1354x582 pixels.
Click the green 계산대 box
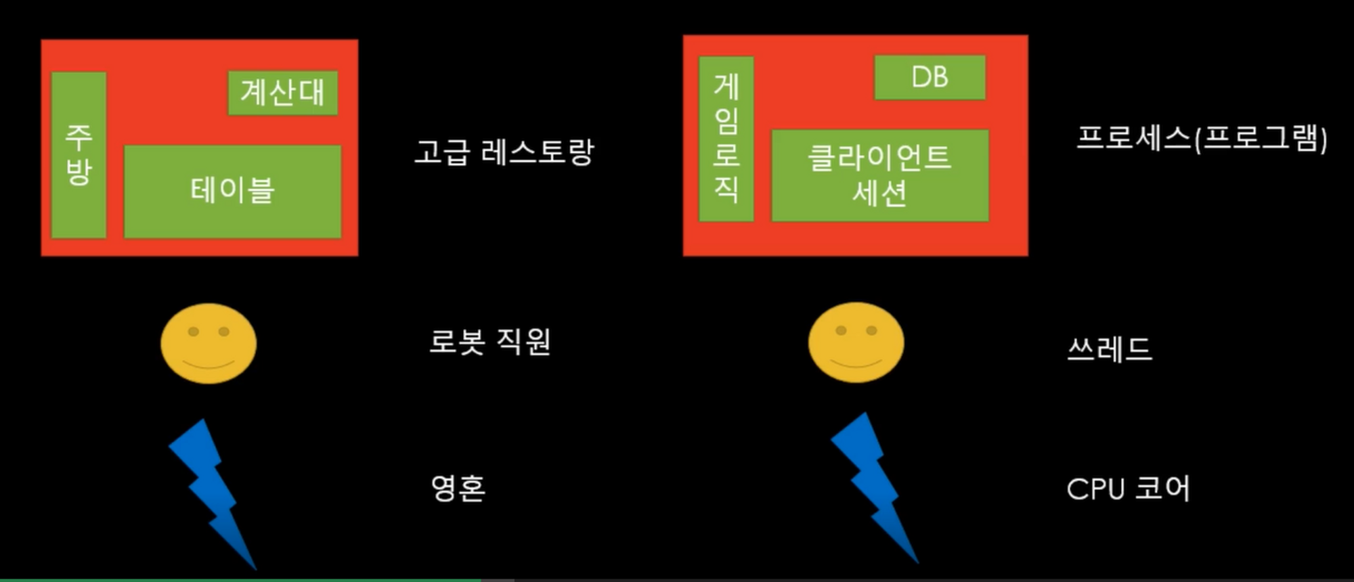tap(282, 93)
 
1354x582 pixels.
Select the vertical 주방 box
tap(79, 155)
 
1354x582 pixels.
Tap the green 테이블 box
tap(232, 191)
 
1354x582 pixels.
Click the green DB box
tap(930, 78)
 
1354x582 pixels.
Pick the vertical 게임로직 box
tap(726, 139)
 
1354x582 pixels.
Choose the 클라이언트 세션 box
tap(879, 175)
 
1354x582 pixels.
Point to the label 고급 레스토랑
tap(504, 152)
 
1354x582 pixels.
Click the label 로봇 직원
tap(489, 342)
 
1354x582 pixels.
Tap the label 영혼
tap(458, 488)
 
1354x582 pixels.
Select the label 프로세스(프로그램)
tap(1201, 139)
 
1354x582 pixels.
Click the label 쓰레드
tap(1109, 349)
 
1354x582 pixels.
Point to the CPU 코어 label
tap(1128, 489)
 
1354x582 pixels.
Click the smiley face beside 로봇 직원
tap(209, 343)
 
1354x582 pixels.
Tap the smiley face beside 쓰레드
tap(856, 342)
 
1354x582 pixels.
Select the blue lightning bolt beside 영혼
tap(211, 491)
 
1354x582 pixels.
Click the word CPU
tap(1095, 489)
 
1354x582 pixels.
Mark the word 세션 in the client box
tap(879, 194)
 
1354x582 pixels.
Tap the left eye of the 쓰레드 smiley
tap(841, 330)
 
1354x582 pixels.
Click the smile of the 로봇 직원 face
tap(209, 364)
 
